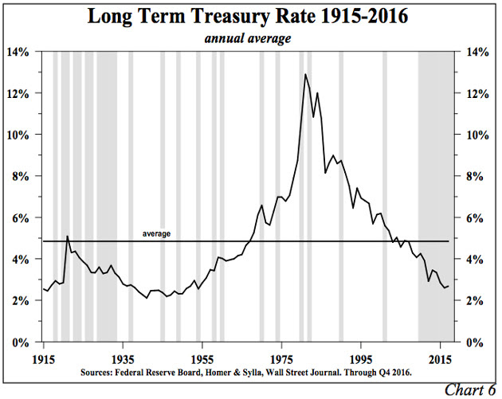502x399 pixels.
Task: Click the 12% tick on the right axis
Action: pyautogui.click(x=475, y=93)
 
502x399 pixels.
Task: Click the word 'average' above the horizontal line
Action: pyautogui.click(x=156, y=233)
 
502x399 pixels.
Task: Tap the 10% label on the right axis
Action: pyautogui.click(x=475, y=135)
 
